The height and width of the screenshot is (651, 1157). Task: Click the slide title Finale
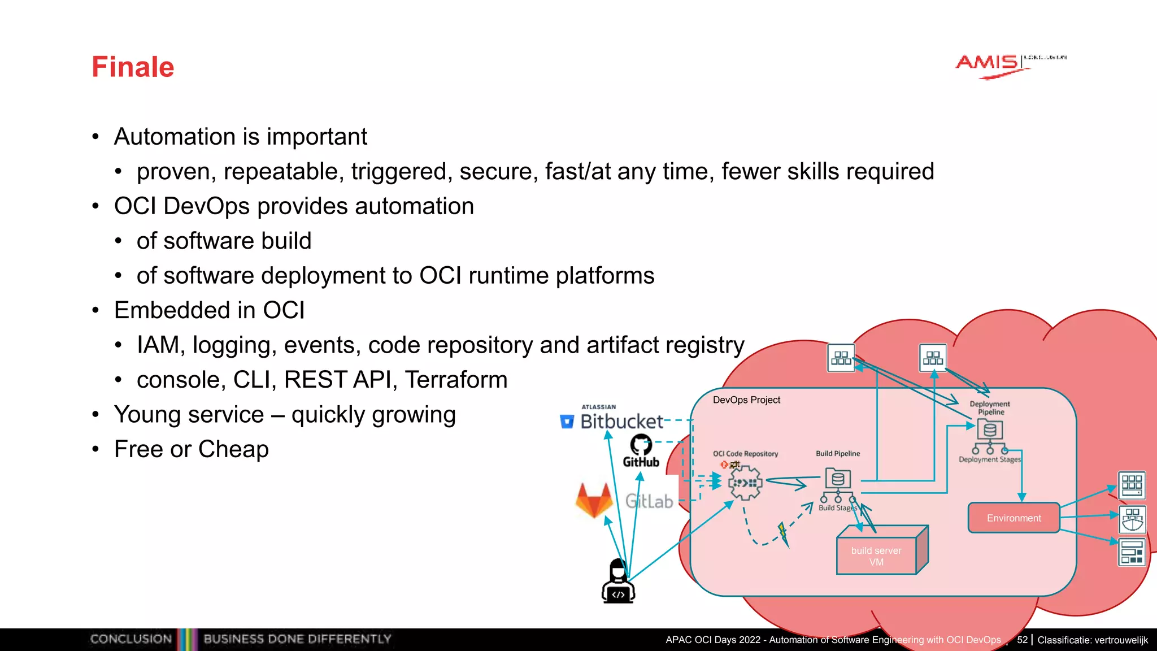(x=133, y=67)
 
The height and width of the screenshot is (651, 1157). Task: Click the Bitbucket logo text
(x=621, y=422)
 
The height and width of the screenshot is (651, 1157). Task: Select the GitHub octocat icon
(x=641, y=445)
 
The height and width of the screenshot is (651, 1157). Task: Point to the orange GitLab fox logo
(x=594, y=500)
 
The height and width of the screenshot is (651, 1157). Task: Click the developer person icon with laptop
(x=619, y=581)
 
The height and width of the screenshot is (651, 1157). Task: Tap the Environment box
(x=1014, y=518)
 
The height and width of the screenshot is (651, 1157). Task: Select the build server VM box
(x=876, y=556)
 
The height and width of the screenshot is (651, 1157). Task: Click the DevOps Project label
(x=746, y=400)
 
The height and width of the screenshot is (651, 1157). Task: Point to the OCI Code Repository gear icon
(x=745, y=483)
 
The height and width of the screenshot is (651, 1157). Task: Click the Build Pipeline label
(x=838, y=453)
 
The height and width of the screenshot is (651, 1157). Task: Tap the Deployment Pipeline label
(x=990, y=408)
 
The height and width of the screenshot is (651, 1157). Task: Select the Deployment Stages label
(x=990, y=459)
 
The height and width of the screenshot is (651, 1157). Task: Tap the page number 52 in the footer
(x=1022, y=640)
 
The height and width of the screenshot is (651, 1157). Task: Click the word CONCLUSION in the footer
(x=131, y=639)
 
